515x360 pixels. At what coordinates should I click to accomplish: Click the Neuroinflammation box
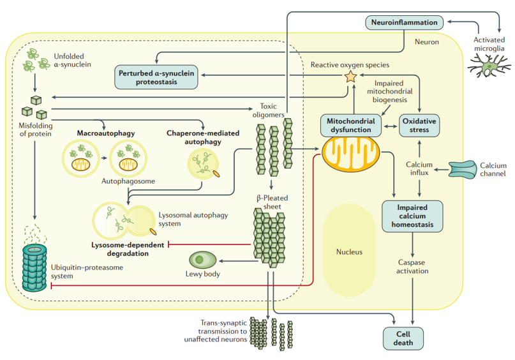click(x=405, y=22)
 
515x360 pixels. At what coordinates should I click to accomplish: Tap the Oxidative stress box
click(x=419, y=125)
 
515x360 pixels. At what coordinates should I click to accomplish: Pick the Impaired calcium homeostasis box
click(x=412, y=216)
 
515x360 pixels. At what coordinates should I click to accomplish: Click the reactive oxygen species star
click(x=350, y=77)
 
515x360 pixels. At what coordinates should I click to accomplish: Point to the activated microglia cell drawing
click(x=489, y=64)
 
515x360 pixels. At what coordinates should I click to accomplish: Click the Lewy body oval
click(x=204, y=260)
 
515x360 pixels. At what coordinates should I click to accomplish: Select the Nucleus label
click(x=349, y=251)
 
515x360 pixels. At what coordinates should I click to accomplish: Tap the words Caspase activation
click(x=412, y=266)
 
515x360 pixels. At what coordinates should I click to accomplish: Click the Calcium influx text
click(x=419, y=169)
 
